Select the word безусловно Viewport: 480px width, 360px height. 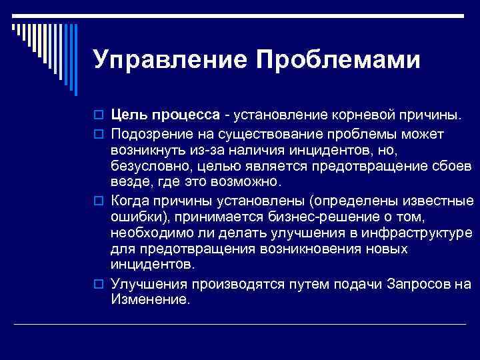(148, 166)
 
